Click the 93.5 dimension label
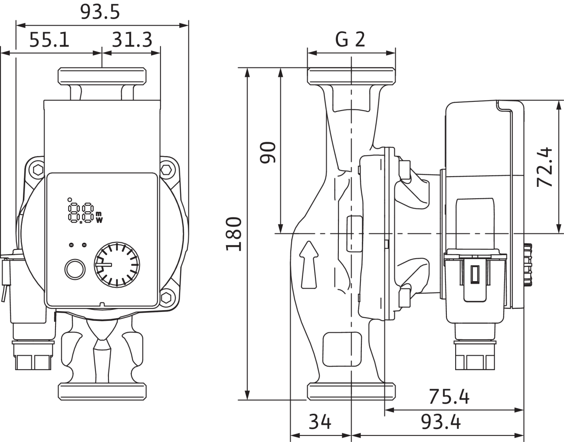100,12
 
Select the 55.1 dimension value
49,40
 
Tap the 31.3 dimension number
132,40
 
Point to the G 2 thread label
350,40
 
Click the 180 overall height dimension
234,234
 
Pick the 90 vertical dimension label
267,152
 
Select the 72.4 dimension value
545,167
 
